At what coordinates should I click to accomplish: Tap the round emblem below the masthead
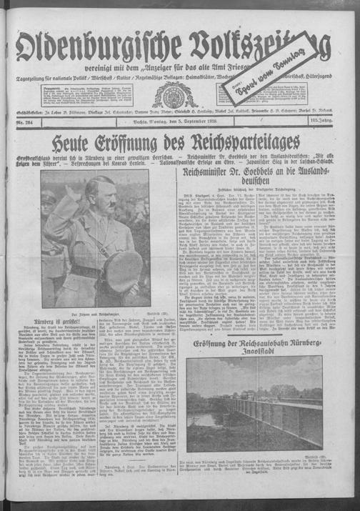coord(171,95)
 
